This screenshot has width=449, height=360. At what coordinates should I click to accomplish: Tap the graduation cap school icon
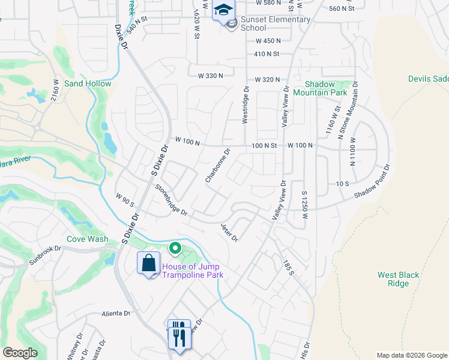[x=223, y=11]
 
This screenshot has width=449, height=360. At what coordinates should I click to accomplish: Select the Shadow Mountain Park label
[x=325, y=88]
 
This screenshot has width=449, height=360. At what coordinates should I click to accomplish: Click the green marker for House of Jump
[x=175, y=248]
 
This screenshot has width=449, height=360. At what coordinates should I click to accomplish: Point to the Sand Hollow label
[x=88, y=83]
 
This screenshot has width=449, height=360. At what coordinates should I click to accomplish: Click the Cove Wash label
[x=88, y=239]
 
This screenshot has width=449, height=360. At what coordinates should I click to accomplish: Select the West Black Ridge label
[x=398, y=279]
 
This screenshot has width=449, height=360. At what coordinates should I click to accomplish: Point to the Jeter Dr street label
[x=229, y=232]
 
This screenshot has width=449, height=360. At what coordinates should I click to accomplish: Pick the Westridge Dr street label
[x=245, y=105]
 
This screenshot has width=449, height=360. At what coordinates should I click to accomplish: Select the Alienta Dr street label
[x=116, y=313]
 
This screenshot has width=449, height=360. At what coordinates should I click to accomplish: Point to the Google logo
[x=20, y=353]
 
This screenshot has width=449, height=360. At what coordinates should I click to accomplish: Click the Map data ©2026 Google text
[x=412, y=355]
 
